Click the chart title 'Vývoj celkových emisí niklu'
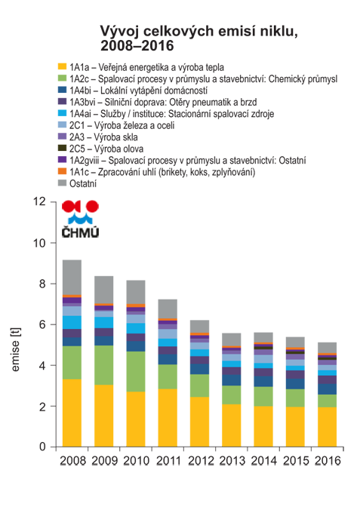198,32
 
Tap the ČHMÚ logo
80,219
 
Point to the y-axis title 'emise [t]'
15,349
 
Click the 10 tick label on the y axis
40,243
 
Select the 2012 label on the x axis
201,460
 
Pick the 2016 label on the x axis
328,460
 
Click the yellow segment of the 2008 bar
72,413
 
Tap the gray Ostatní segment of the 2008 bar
72,278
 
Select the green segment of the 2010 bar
136,371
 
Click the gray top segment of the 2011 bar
168,309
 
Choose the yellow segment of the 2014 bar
263,426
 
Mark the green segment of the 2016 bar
327,401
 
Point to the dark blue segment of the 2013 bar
231,380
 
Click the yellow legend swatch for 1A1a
62,66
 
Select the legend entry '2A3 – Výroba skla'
103,137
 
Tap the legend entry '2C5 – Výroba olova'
106,149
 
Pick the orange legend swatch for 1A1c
62,171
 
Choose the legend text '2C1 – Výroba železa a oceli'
122,125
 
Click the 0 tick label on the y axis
43,447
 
